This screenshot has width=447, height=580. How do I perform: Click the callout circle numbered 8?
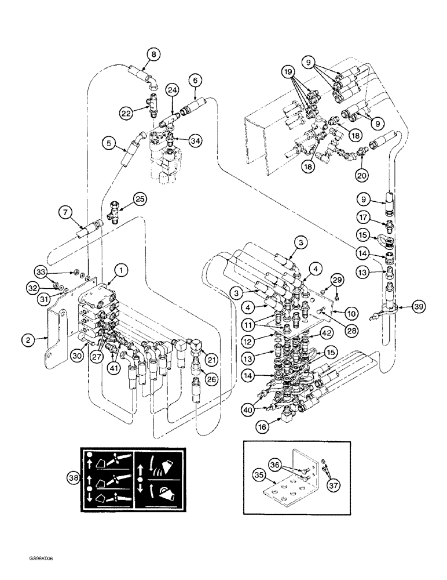point(153,55)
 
